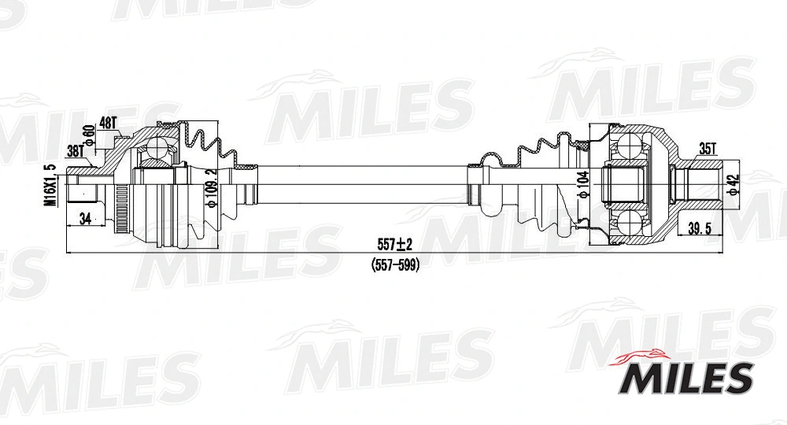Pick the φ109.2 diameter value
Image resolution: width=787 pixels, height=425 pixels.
[210, 187]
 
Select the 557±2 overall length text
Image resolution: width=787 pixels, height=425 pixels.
[395, 244]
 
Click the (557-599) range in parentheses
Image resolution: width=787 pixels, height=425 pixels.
[395, 265]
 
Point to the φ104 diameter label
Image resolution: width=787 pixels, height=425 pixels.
[583, 187]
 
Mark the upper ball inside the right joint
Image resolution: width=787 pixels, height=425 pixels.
[629, 146]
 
